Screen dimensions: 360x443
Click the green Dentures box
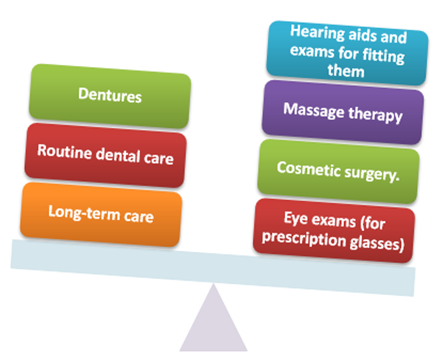click(x=109, y=96)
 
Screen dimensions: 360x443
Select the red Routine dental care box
click(x=105, y=154)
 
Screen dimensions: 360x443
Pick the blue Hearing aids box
click(x=347, y=53)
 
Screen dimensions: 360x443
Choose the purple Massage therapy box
click(x=343, y=112)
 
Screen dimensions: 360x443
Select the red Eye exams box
click(x=334, y=230)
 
